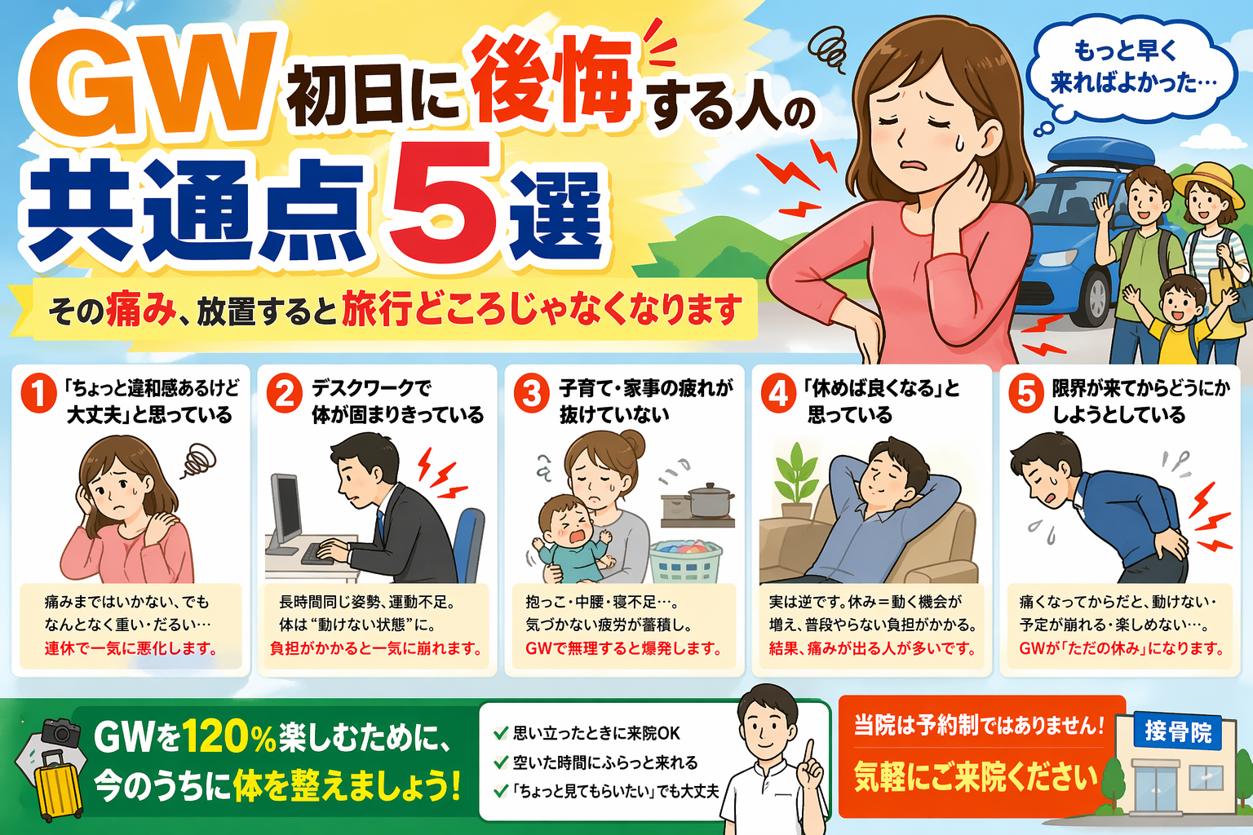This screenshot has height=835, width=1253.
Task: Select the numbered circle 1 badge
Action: pos(38,395)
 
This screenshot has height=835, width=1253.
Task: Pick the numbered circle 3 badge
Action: pos(532,395)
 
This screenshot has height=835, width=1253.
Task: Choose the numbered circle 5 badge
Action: pos(1026,395)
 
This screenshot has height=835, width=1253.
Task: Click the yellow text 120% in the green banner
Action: pos(228,736)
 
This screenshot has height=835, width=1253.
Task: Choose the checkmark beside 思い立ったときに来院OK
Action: pos(501,732)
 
